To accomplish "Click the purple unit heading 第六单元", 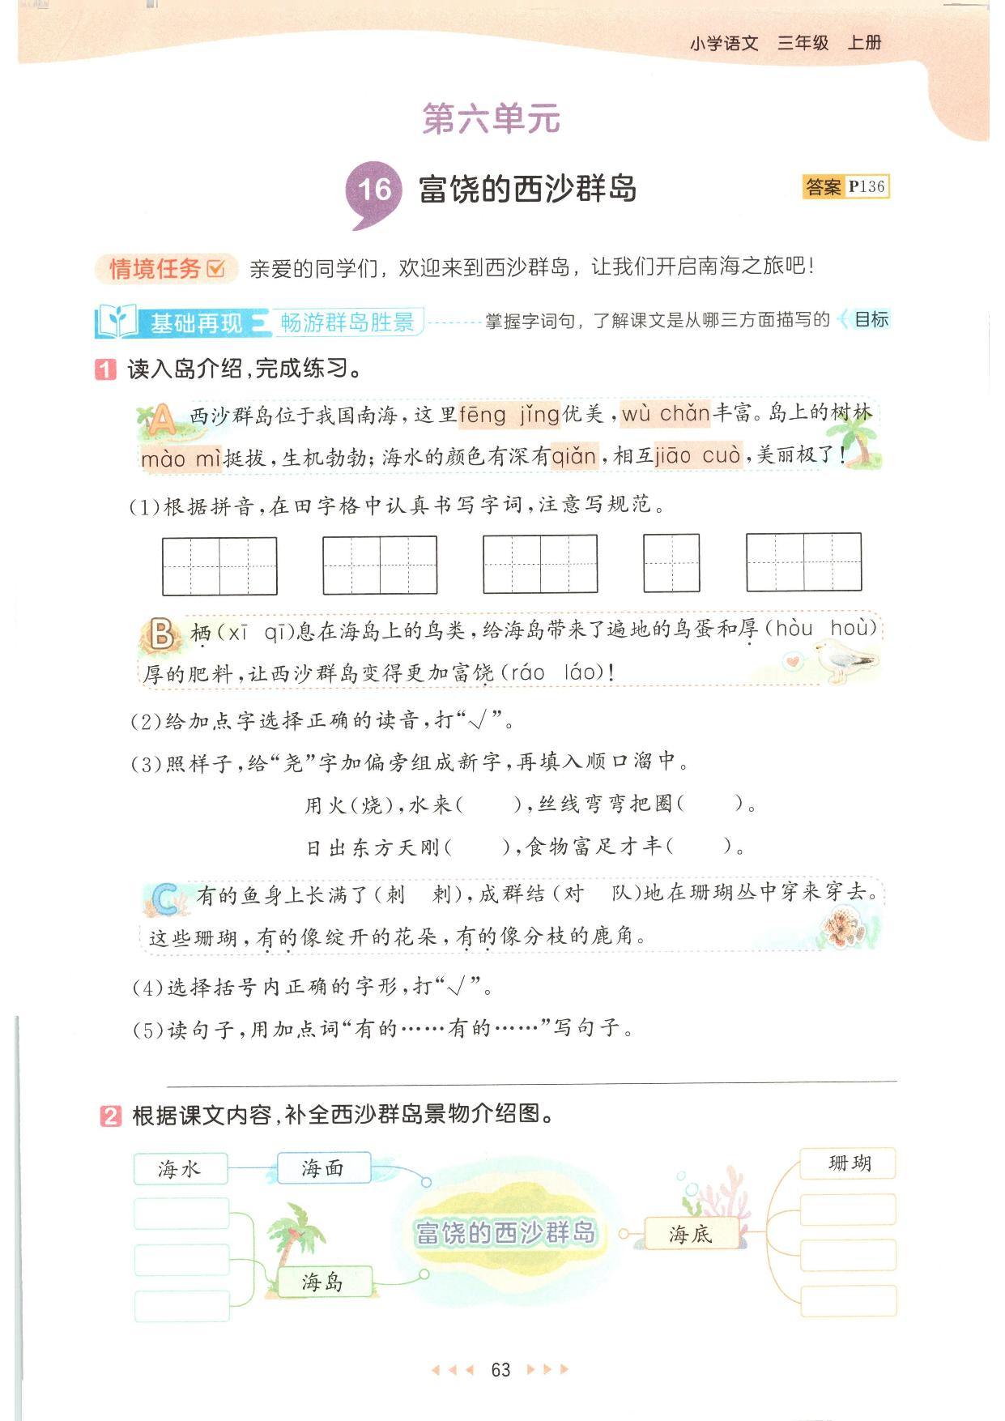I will pos(491,119).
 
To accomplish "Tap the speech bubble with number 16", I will pos(373,191).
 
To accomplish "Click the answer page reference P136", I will pos(866,186).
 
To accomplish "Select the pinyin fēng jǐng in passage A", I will pos(509,415).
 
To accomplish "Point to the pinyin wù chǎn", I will pos(666,414).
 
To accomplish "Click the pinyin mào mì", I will pos(181,459).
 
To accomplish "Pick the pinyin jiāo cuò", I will pos(697,455).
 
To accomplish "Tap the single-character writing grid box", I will pos(671,563).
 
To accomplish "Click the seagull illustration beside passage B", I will pos(845,659).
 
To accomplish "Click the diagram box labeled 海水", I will pos(180,1169).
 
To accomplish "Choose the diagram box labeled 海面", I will pos(323,1168).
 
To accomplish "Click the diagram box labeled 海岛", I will pos(323,1282).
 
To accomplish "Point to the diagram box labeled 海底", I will pos(691,1234).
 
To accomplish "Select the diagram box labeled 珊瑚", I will pos(849,1163).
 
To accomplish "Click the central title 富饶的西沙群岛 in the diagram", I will pos(505,1233).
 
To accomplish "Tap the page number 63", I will pos(500,1369).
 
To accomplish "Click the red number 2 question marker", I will pos(111,1116).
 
